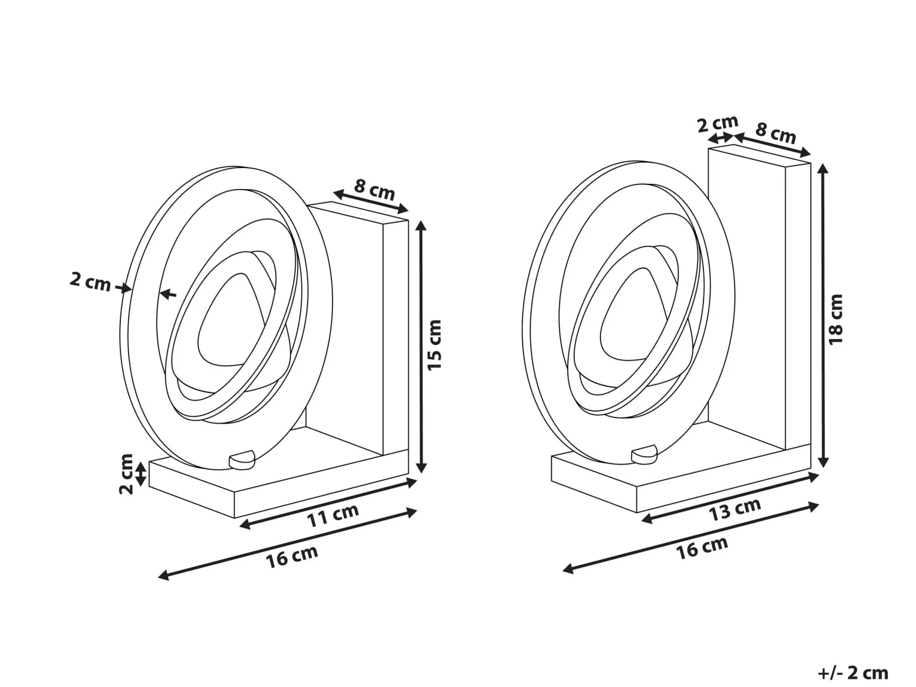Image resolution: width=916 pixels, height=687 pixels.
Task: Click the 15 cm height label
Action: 435,344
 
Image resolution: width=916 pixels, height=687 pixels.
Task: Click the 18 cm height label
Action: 836,319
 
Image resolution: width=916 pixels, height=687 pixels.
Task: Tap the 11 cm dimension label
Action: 332,516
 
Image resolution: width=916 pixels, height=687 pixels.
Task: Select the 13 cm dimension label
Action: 735,510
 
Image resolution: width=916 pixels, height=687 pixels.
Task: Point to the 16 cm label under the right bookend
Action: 702,548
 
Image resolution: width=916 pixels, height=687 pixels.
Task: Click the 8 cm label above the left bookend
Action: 375,190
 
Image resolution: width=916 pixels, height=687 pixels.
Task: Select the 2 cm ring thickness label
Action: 90,282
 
